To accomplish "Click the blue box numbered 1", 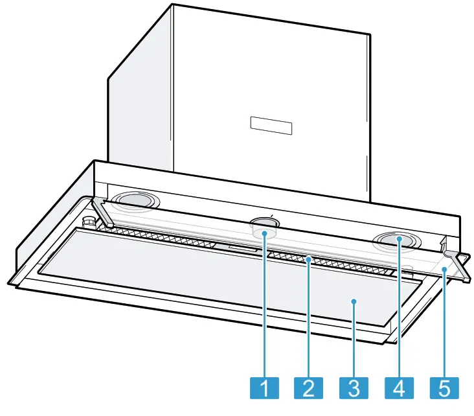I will pos(264,388).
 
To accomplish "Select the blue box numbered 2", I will pos(308,388).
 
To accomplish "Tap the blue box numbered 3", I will pos(354,388).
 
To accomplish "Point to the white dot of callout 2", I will pos(309,260).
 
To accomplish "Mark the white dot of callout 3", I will pos(354,301).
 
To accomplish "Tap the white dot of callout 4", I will pos(400,240).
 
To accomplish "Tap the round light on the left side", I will pos(133,201).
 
